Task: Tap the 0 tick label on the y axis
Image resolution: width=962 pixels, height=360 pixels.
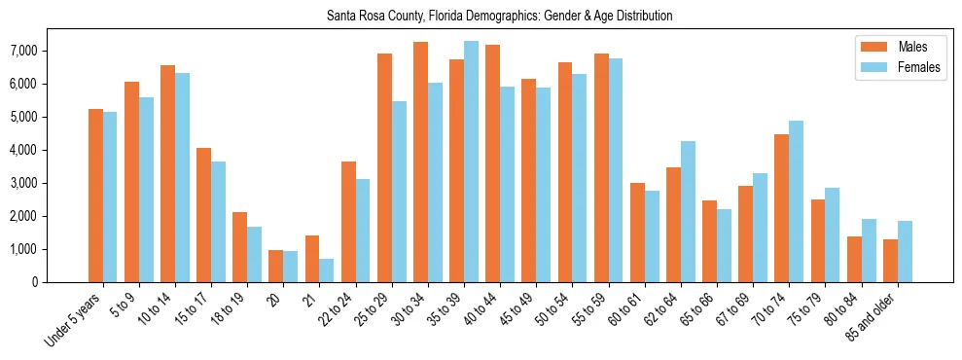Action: (x=60, y=282)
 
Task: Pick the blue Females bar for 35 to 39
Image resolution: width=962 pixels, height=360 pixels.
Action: (x=471, y=162)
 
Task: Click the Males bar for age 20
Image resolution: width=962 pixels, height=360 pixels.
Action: (x=276, y=267)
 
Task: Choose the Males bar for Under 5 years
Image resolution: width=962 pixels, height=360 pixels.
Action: (x=95, y=196)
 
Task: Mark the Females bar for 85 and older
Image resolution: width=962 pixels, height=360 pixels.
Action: (x=905, y=252)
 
